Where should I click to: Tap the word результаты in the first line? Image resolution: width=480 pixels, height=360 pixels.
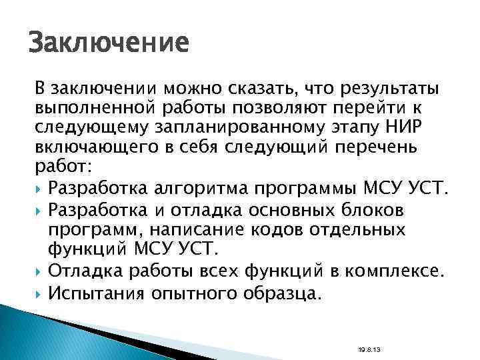click(x=380, y=89)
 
